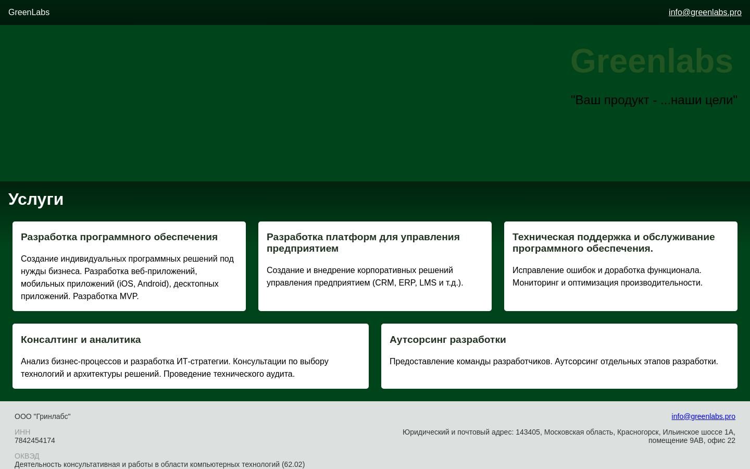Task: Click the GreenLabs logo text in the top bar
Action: [29, 13]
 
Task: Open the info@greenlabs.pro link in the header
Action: [705, 13]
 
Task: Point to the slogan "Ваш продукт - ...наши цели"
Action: [654, 100]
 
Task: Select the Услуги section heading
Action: [36, 199]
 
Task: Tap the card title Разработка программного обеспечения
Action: [119, 237]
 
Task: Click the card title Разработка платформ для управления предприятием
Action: [363, 243]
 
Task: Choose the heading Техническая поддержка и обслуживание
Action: [614, 237]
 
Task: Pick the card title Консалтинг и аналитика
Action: [81, 340]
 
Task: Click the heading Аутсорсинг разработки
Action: [448, 340]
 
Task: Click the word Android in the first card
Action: [153, 284]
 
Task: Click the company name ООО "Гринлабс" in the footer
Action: [43, 416]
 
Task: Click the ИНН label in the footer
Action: [22, 432]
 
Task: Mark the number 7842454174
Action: [35, 440]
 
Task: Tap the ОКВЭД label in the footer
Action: [27, 456]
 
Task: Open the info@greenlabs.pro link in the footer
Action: [703, 416]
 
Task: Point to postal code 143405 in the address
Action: [528, 432]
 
